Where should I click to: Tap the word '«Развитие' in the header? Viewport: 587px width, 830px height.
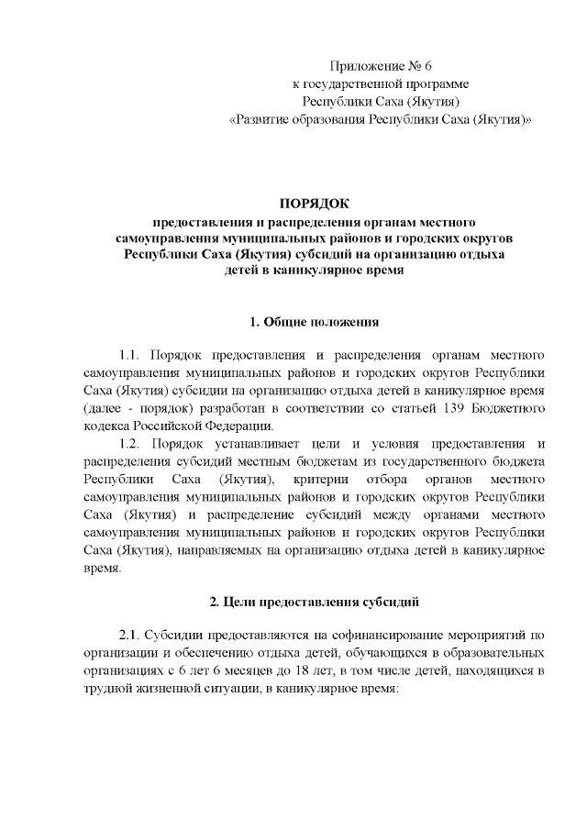260,119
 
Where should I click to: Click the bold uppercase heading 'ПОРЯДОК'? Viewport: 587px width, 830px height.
315,204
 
